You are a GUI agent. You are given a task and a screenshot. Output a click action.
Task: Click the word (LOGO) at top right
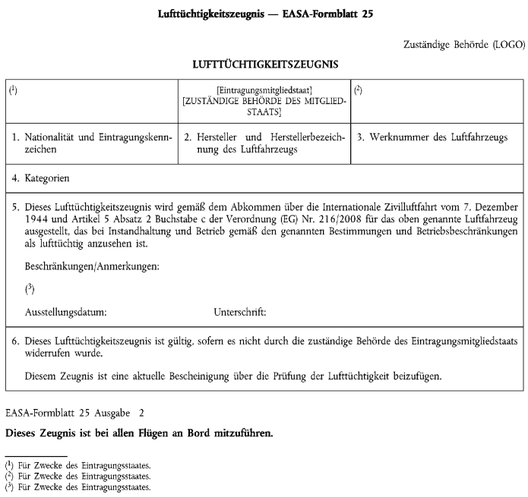tap(506, 44)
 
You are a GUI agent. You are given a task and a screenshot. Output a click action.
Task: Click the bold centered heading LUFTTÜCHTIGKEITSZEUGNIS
tap(264, 65)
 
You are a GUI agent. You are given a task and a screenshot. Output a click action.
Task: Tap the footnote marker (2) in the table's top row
tap(358, 90)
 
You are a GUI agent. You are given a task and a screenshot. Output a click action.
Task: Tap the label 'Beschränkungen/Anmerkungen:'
tap(92, 267)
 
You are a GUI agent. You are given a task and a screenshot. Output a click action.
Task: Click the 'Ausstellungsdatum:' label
tap(65, 311)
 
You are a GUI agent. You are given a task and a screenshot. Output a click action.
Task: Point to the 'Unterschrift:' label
tap(240, 311)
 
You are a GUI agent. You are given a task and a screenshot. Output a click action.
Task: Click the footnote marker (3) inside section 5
tap(30, 289)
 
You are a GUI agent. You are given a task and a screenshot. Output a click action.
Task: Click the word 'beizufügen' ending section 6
tap(416, 375)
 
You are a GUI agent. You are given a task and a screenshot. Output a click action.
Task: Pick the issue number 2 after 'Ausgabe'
tap(141, 414)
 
